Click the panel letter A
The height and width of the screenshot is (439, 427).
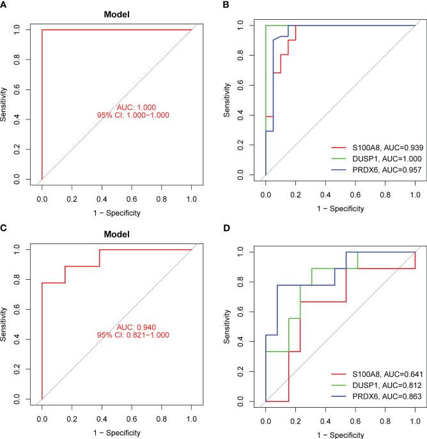[x=5, y=6]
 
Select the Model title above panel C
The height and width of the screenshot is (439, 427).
[x=118, y=234]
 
